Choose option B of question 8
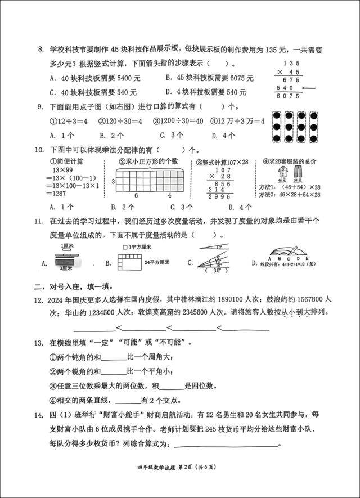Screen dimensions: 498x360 209,78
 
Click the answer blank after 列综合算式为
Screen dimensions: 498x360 226,445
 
